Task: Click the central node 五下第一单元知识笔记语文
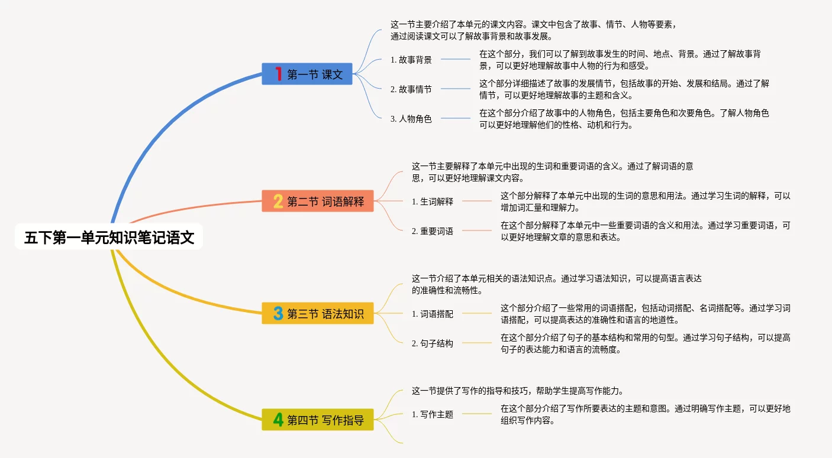pyautogui.click(x=109, y=238)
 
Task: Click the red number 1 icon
pyautogui.click(x=279, y=74)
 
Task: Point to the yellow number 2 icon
pyautogui.click(x=278, y=202)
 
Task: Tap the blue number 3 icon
pyautogui.click(x=278, y=313)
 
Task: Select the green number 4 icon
pyautogui.click(x=278, y=420)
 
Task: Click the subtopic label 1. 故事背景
pyautogui.click(x=411, y=60)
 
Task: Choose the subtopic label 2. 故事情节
pyautogui.click(x=411, y=89)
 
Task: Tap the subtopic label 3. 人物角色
pyautogui.click(x=411, y=119)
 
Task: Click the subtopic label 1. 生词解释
pyautogui.click(x=433, y=202)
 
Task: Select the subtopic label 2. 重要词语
pyautogui.click(x=433, y=231)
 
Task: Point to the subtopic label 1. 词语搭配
pyautogui.click(x=433, y=314)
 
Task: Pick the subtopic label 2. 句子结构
pyautogui.click(x=433, y=343)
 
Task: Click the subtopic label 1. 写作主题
pyautogui.click(x=433, y=414)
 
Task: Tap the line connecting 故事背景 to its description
pyautogui.click(x=456, y=60)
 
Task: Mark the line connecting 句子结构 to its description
pyautogui.click(x=477, y=343)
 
